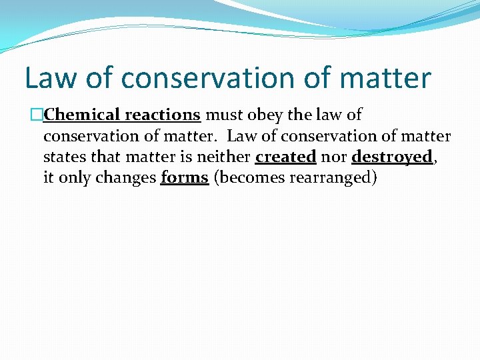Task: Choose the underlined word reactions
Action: click(163, 115)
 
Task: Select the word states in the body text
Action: click(63, 157)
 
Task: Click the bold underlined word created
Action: click(285, 157)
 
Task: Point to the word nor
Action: click(333, 157)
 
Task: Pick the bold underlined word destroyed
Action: click(392, 157)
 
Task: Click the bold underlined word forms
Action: click(185, 179)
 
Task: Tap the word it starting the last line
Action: click(49, 179)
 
